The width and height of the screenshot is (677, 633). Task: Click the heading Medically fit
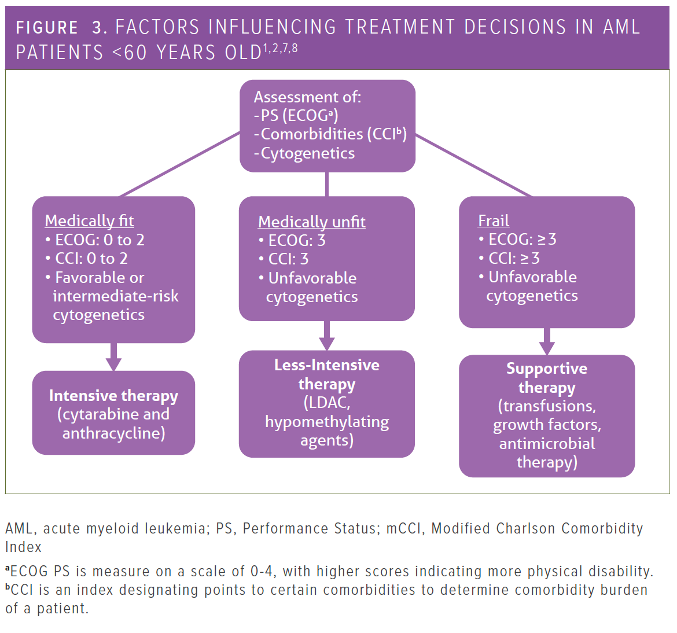point(89,220)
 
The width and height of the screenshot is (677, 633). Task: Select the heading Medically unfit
point(312,222)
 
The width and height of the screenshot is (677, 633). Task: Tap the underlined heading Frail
point(494,220)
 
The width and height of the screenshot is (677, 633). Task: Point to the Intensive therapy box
point(113,413)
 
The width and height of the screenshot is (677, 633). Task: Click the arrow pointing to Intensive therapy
point(113,357)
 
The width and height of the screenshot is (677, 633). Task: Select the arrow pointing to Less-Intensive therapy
point(327,336)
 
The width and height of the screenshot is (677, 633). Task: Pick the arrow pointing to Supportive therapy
point(547,341)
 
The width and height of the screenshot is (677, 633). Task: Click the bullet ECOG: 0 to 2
point(95,240)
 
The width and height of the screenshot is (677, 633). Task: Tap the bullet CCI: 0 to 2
point(86,259)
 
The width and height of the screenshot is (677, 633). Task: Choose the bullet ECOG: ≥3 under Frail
point(517,239)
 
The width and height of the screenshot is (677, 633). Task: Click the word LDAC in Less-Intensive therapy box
point(327,403)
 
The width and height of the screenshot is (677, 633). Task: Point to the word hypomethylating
point(327,422)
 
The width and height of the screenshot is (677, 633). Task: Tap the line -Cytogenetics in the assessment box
point(304,153)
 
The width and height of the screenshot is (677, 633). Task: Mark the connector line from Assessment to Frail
point(474,165)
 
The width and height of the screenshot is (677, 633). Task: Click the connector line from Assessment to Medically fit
point(179,164)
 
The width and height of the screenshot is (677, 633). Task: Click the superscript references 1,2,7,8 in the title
point(280,48)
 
